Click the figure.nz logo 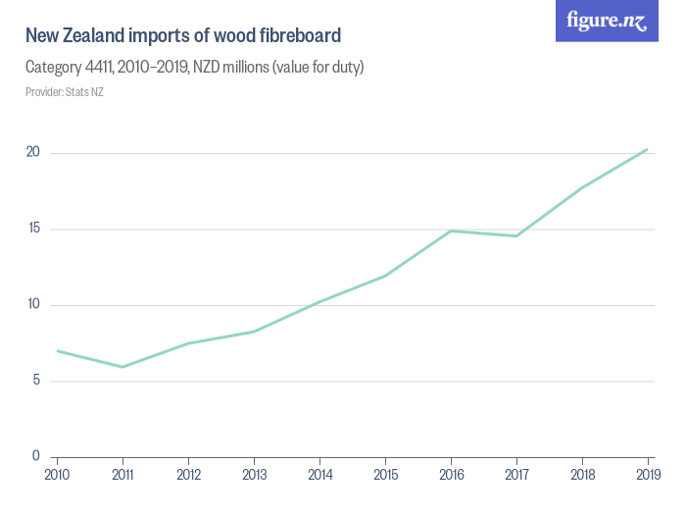[607, 21]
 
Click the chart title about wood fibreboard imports [183, 36]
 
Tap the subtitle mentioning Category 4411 [195, 68]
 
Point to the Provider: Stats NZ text [65, 92]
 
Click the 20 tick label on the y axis [32, 152]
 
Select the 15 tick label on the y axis [32, 229]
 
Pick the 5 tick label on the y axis [35, 381]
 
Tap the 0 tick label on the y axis [35, 456]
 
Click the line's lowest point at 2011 [122, 367]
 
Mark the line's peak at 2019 [647, 149]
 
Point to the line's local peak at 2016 [451, 231]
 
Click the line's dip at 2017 [516, 235]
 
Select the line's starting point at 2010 [57, 350]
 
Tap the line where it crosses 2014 [319, 301]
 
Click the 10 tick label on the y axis [32, 304]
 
